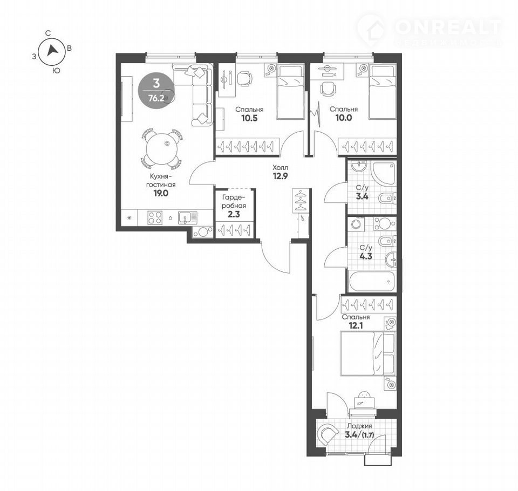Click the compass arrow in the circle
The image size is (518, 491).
52,51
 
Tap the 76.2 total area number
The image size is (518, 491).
156,98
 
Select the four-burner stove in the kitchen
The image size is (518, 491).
155,218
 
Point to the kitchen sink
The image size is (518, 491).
188,218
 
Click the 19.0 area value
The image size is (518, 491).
161,193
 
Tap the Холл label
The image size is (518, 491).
280,167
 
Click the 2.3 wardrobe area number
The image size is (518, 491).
234,214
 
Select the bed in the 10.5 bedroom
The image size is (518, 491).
290,92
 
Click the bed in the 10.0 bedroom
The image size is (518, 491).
382,92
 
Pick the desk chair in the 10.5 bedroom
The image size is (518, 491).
244,78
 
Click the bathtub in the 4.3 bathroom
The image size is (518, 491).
372,281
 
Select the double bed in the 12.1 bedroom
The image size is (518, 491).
367,354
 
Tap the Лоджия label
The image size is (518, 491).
360,426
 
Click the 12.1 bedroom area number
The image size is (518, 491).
356,326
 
